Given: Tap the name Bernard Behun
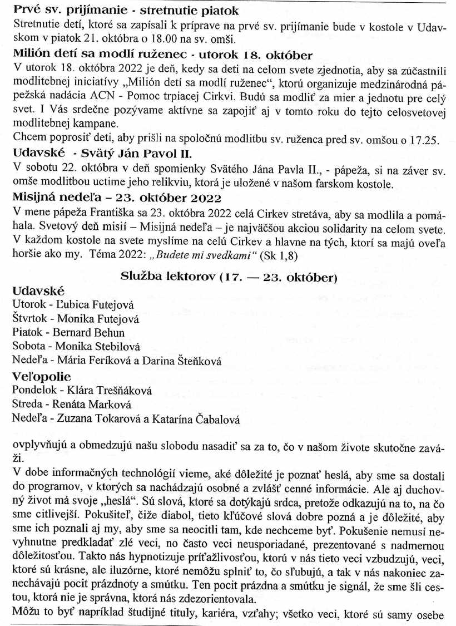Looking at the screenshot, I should point(89,333).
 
